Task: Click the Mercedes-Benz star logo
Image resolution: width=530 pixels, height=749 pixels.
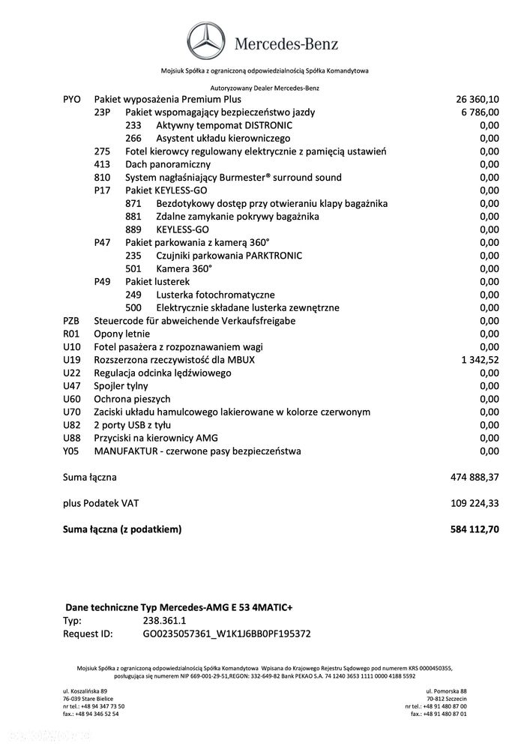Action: tap(207, 43)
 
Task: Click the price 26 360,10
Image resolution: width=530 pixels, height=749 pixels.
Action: tap(477, 99)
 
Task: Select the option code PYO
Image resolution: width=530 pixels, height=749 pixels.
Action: tap(72, 99)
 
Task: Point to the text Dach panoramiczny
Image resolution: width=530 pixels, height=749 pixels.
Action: tap(168, 164)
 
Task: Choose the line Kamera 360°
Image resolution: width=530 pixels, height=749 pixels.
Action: tap(184, 268)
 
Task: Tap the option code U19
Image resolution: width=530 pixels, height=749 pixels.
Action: tap(72, 360)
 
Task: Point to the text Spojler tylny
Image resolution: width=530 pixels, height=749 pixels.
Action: tap(121, 386)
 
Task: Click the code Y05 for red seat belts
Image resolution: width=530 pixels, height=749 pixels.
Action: tap(72, 451)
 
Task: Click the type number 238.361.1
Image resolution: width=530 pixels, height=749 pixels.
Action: tap(165, 621)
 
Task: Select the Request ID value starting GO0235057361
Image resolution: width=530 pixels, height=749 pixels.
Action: tap(226, 634)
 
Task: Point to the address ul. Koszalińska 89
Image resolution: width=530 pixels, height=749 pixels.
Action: tap(85, 691)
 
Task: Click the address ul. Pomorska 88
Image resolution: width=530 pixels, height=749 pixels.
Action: tap(446, 691)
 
